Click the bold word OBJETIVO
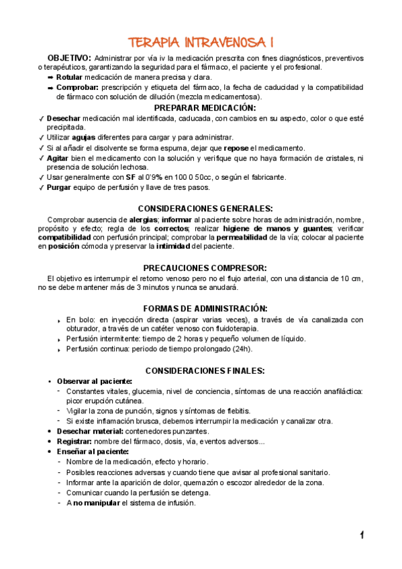[68, 58]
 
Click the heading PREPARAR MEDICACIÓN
[205, 107]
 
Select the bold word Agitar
[58, 158]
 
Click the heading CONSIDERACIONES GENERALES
[205, 208]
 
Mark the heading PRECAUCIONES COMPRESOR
[205, 267]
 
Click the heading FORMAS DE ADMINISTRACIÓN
[205, 308]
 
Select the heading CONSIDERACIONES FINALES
[205, 370]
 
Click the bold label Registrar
[74, 441]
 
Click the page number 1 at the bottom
[362, 535]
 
